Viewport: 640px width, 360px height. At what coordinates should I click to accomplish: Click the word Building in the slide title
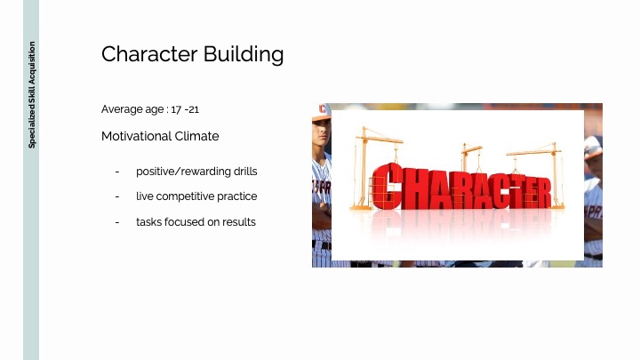point(244,55)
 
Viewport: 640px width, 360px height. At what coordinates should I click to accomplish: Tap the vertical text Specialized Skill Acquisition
point(32,95)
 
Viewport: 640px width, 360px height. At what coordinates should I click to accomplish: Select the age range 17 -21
point(185,109)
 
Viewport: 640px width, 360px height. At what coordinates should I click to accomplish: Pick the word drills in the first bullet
point(245,171)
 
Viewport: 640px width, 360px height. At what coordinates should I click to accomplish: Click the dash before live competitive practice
point(117,196)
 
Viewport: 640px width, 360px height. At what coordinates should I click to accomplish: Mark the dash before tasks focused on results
point(117,222)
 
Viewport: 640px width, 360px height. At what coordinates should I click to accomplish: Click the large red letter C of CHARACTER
point(386,186)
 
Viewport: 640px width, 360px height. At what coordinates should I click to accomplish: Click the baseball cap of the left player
point(321,111)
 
